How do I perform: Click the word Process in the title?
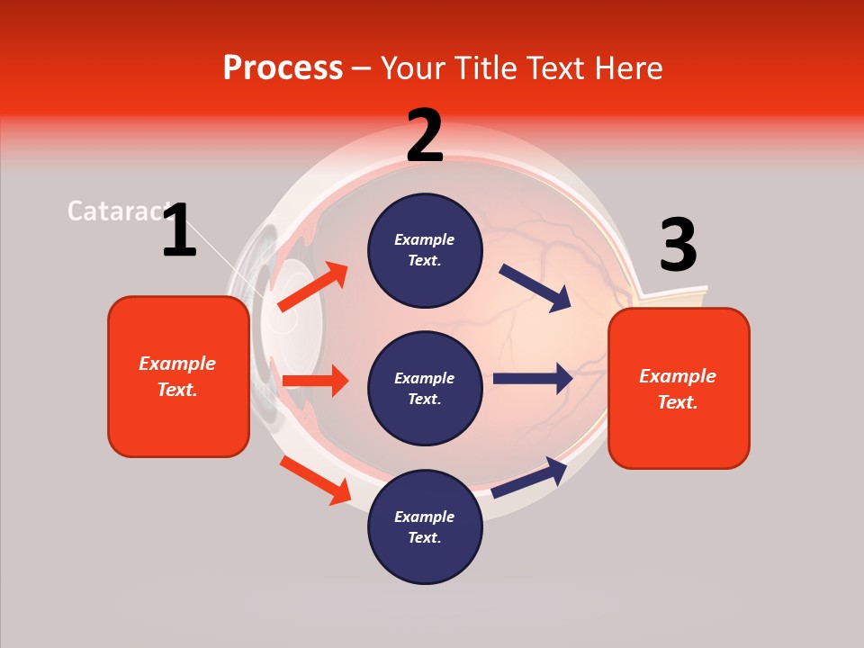(283, 68)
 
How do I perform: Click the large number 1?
(179, 230)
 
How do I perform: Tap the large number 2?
(425, 136)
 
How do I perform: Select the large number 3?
(678, 246)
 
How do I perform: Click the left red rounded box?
(178, 376)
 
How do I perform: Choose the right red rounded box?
(679, 388)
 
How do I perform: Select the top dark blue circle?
(425, 250)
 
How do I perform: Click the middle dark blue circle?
(425, 388)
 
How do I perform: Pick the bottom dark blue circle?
(425, 526)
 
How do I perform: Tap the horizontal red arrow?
(315, 381)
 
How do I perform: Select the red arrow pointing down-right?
(315, 480)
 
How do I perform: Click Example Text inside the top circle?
(425, 250)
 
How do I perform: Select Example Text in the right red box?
(678, 389)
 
